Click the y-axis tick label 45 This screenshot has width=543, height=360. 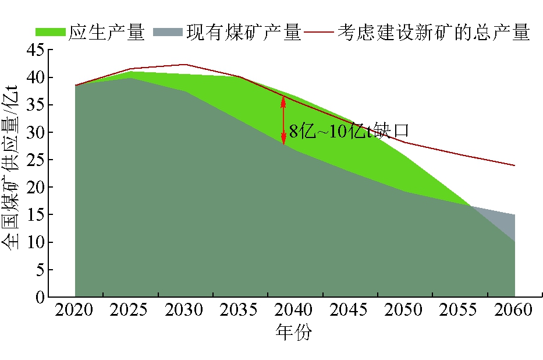(x=36, y=50)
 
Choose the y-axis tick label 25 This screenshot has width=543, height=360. (x=36, y=160)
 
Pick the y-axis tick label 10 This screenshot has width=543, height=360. (x=36, y=242)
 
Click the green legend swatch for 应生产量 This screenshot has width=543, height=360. (x=51, y=32)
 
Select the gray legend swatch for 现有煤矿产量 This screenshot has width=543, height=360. (x=168, y=32)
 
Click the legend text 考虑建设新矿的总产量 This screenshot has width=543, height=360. (x=434, y=32)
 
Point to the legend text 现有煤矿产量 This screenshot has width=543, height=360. (x=243, y=32)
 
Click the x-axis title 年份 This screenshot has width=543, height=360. (x=294, y=334)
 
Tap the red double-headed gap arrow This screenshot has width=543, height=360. (x=283, y=120)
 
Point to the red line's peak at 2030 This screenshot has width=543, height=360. (x=185, y=65)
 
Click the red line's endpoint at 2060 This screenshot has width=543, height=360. (x=514, y=165)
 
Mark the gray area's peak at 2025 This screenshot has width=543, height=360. (x=130, y=78)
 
